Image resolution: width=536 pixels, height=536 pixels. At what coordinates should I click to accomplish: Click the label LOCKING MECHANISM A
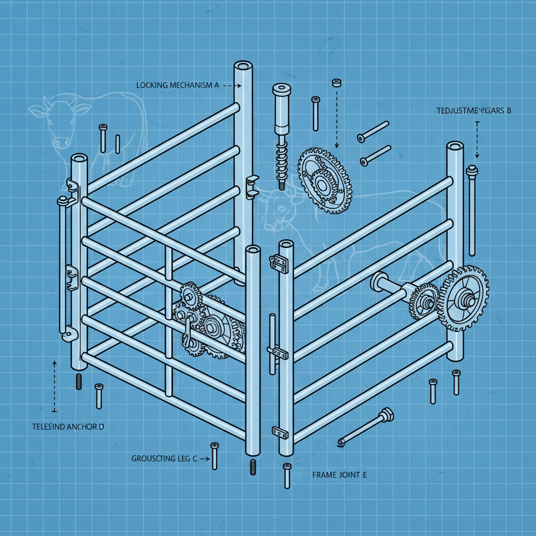click(177, 85)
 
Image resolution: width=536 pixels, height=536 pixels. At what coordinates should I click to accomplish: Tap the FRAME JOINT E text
click(339, 475)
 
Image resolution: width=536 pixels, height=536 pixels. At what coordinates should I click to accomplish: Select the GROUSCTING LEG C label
click(164, 459)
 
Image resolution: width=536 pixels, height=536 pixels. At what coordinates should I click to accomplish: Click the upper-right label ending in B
click(473, 110)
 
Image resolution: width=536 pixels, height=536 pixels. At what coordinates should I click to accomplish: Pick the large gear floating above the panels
click(325, 180)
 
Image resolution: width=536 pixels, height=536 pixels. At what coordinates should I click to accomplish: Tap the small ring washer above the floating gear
click(337, 82)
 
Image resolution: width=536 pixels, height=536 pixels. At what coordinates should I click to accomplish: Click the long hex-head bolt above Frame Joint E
click(366, 427)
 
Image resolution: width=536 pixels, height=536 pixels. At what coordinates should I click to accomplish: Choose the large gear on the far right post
click(463, 298)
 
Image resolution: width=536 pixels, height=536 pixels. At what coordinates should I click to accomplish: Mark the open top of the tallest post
click(243, 66)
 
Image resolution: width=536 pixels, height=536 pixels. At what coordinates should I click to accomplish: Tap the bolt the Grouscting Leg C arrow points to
click(214, 455)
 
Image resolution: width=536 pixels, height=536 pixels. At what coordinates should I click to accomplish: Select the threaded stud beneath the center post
click(253, 467)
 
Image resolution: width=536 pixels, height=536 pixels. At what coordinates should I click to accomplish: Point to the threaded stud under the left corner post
click(80, 381)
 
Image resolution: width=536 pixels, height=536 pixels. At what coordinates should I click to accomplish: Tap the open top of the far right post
click(454, 144)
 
